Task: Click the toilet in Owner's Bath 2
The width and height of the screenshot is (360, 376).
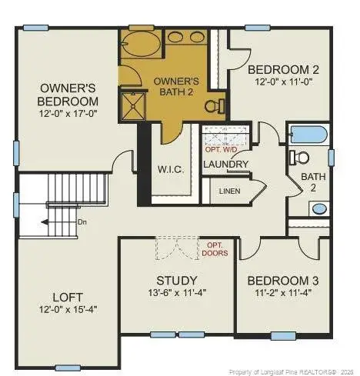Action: tap(215, 106)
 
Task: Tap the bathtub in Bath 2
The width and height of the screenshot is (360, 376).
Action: tap(308, 135)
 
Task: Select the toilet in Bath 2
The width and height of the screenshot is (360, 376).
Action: tap(299, 158)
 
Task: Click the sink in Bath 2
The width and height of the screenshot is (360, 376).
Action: tap(319, 209)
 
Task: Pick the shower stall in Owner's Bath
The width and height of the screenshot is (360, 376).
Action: tap(133, 106)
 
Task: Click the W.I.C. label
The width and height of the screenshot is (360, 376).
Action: tap(171, 169)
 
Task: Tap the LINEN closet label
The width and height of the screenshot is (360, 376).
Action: tap(230, 191)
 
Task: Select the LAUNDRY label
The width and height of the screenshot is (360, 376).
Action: tap(226, 165)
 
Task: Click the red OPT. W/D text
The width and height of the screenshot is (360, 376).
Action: tap(222, 150)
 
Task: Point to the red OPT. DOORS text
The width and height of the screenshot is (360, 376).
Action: tap(215, 249)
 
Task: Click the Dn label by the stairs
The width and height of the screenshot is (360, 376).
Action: tap(82, 222)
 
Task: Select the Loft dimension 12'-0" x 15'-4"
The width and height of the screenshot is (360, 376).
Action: tap(68, 310)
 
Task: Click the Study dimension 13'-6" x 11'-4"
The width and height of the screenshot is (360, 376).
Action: tap(177, 292)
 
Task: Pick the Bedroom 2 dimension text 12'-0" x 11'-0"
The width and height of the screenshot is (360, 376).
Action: tap(284, 82)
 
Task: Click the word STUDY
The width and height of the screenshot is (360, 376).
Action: tap(177, 281)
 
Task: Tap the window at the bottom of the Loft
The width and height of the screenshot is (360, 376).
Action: tap(68, 368)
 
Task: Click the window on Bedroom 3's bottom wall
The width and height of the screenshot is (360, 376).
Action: tap(283, 336)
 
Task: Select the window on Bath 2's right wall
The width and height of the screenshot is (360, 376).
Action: tap(332, 158)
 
